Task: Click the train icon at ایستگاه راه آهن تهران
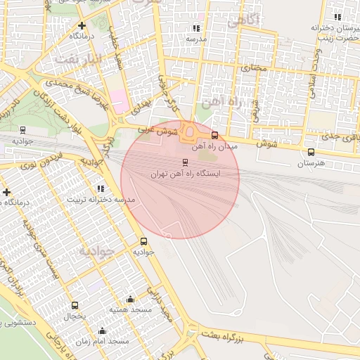(x=186, y=162)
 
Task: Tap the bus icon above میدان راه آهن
(x=214, y=135)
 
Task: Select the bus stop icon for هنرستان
(x=311, y=152)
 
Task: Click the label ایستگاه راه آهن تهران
(x=186, y=173)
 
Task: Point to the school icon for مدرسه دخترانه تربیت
(x=101, y=188)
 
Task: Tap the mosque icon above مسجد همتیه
(x=130, y=299)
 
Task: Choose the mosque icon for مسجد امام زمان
(x=102, y=330)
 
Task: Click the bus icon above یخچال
(x=75, y=305)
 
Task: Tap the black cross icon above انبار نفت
(x=82, y=24)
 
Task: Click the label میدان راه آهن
(x=219, y=146)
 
